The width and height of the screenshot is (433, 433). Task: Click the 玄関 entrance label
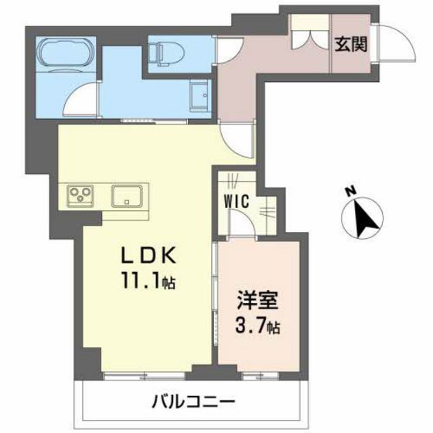click(350, 44)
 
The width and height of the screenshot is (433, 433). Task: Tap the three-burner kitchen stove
click(80, 195)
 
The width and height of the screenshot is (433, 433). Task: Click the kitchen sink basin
click(127, 195)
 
